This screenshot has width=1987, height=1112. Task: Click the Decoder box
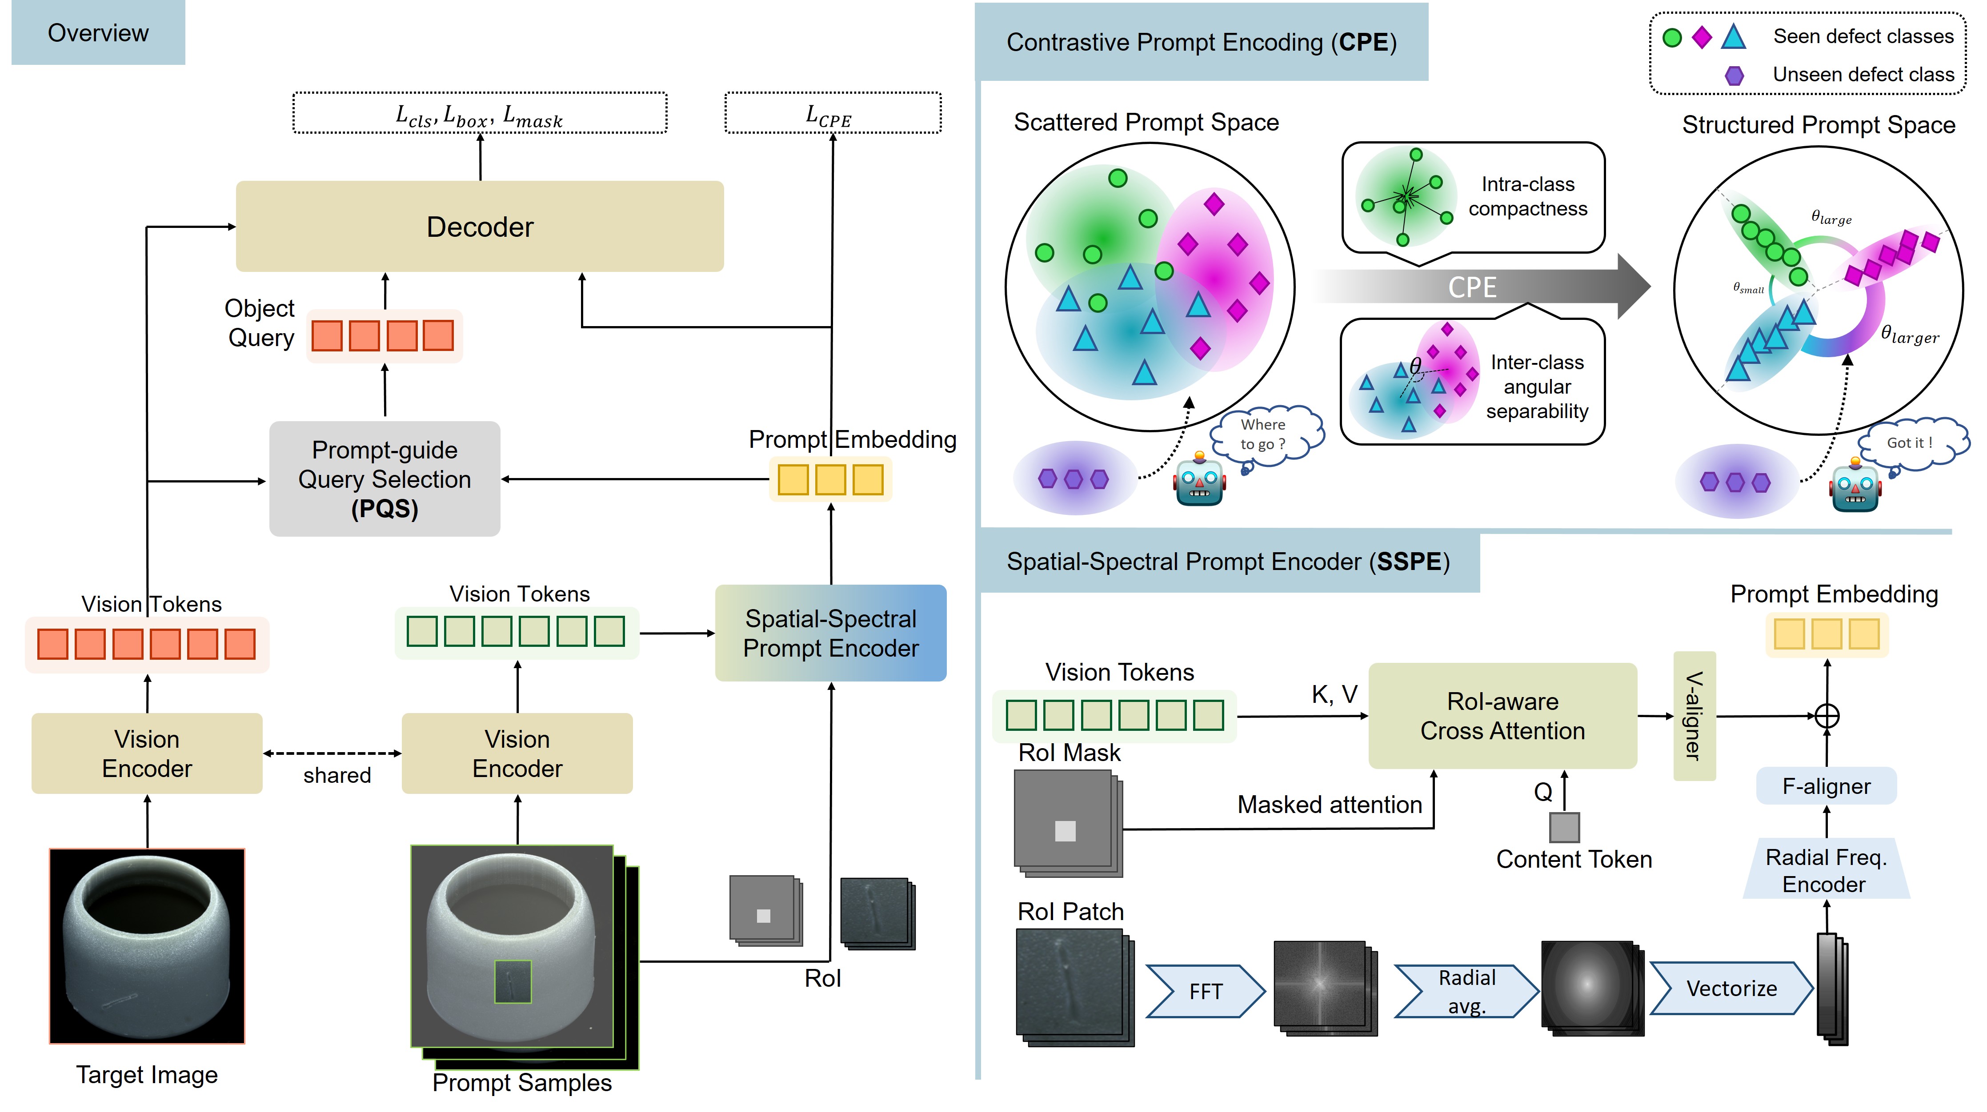coord(479,227)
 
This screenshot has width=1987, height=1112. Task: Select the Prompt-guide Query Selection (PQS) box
coord(384,479)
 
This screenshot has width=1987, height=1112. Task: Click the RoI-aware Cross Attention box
coord(1502,716)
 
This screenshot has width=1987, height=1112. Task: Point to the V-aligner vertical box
coord(1694,716)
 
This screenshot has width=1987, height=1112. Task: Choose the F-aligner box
coord(1826,786)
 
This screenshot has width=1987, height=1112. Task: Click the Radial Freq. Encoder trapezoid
coord(1826,870)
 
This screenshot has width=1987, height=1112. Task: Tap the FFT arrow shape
coord(1205,991)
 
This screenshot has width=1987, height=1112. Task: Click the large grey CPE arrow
coord(1473,287)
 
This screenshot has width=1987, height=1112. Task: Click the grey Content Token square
coord(1564,827)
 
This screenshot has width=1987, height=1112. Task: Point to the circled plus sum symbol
coord(1827,716)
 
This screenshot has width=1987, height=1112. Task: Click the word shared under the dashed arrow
coord(337,775)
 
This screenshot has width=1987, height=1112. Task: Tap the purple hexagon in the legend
coord(1734,75)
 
